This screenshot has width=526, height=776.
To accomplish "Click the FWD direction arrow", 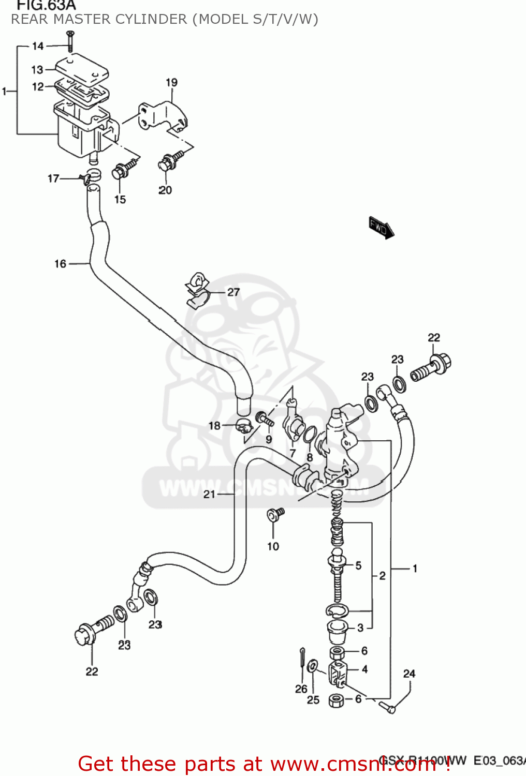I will point(382,228).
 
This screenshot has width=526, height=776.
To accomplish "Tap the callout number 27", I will point(233,292).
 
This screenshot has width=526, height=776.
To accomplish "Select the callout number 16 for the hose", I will point(61,264).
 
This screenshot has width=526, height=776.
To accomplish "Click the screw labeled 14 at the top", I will point(70,40).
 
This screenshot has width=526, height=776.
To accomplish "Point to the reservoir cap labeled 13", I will point(81,70).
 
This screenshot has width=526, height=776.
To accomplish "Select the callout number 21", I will point(209,494).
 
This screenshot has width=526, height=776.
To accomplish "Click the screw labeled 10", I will point(274,514).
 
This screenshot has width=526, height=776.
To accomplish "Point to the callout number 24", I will point(409,674).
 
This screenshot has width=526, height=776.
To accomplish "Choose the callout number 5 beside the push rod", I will point(358,565).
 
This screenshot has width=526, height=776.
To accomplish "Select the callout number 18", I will point(214,426).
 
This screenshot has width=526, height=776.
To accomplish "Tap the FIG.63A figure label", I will point(46,6).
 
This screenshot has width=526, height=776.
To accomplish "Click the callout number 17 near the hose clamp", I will point(53,178).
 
